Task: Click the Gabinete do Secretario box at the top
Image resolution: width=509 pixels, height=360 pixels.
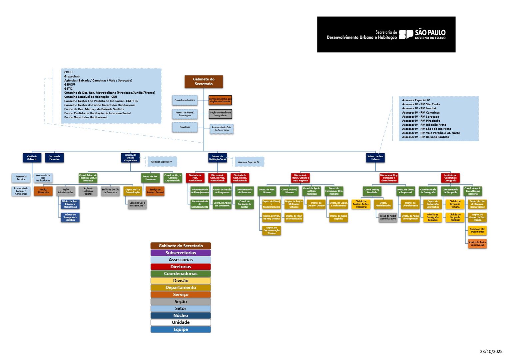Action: click(204, 82)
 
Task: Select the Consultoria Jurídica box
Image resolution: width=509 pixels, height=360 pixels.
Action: click(185, 100)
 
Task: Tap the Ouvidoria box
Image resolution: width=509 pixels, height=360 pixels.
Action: click(185, 127)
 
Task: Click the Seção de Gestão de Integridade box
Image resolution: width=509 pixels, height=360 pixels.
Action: click(220, 114)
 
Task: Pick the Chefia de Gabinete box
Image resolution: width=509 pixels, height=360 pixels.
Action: click(32, 158)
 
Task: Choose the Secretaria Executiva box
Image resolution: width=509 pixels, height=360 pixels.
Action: click(54, 158)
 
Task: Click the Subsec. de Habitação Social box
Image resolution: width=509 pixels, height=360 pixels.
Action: click(218, 158)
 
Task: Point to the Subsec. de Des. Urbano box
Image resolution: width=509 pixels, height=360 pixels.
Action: click(375, 158)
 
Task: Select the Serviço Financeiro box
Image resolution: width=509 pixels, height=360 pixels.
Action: click(43, 191)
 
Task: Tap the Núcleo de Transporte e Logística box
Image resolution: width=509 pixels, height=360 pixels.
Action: click(70, 217)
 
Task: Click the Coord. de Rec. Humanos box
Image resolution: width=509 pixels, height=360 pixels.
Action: click(150, 178)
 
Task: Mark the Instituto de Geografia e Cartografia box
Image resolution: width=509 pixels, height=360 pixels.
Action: click(450, 178)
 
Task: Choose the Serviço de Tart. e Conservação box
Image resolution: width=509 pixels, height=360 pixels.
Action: click(477, 244)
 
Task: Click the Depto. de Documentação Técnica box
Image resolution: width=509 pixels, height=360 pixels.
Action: click(271, 230)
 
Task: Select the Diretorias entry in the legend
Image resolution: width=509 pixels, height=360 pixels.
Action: click(181, 267)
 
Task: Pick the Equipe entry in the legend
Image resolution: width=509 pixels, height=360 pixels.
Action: click(181, 329)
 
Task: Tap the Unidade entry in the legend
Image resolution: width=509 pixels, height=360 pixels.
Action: click(181, 322)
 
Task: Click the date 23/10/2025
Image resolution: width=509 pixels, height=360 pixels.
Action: click(491, 351)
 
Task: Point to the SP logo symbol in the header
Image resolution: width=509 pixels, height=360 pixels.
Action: click(406, 34)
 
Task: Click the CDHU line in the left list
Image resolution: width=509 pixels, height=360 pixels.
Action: click(68, 72)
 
